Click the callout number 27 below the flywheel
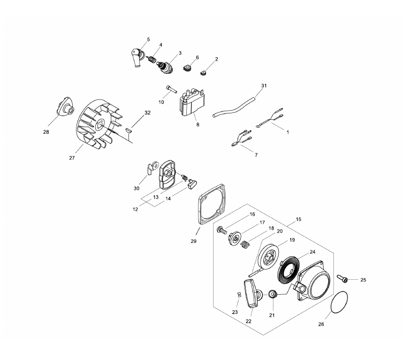point(72,158)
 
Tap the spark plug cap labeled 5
point(138,58)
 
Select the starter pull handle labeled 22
point(251,294)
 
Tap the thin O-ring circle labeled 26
point(339,302)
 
